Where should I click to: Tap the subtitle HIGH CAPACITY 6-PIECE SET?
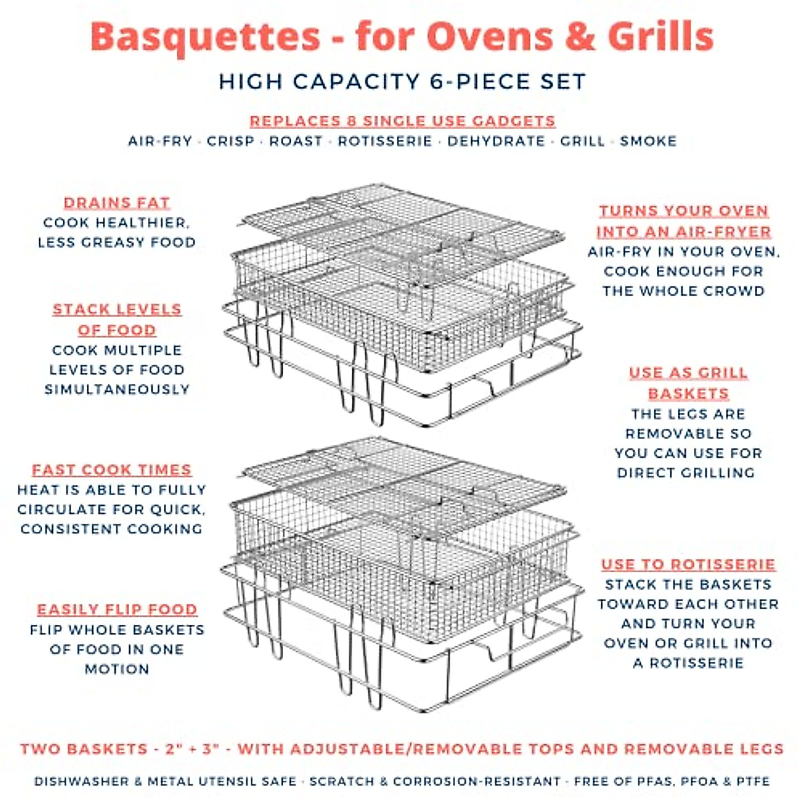(402, 82)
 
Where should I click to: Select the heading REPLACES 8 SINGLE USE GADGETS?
(402, 121)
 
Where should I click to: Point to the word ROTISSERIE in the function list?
(385, 141)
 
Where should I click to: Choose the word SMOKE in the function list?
(648, 141)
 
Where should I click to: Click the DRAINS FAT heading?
(117, 203)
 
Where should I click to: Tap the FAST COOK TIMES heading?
(112, 470)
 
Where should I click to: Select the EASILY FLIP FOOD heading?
(117, 610)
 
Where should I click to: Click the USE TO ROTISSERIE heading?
(688, 564)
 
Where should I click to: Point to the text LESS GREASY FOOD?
(117, 242)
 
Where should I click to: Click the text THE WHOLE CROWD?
(683, 291)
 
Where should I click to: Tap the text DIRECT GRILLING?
(685, 472)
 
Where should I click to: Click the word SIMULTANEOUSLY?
(117, 389)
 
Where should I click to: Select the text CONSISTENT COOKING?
(112, 529)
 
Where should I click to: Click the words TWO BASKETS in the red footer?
(84, 749)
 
